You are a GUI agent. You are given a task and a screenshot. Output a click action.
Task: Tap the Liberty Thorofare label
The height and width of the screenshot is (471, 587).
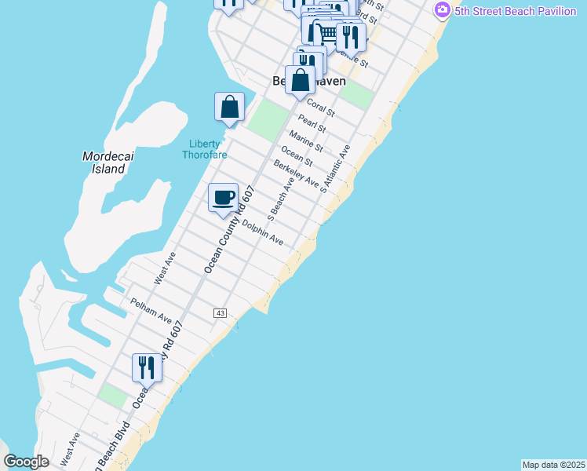tap(205, 149)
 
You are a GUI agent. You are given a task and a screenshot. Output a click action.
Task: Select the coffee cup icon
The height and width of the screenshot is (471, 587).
tap(223, 197)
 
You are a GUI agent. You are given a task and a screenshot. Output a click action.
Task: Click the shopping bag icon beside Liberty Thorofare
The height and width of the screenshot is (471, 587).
tap(229, 107)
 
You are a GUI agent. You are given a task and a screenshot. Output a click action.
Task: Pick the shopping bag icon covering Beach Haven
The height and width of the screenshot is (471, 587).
tap(300, 79)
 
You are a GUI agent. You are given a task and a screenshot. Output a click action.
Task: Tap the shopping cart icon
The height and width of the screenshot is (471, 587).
tap(323, 32)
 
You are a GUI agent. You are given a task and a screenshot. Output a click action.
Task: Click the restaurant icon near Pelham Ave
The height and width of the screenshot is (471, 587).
tap(147, 366)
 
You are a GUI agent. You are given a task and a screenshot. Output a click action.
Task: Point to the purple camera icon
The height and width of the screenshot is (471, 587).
tap(442, 9)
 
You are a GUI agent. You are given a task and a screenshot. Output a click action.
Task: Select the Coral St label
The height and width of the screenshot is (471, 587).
tap(320, 107)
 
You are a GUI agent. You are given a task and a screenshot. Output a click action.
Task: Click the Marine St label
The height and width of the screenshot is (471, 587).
tap(305, 141)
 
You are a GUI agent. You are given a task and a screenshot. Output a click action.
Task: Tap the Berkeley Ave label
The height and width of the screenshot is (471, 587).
tap(296, 173)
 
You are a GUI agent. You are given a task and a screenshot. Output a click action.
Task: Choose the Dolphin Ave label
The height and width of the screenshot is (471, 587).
tap(262, 233)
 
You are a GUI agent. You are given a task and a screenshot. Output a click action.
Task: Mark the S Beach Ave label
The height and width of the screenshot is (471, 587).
tap(282, 195)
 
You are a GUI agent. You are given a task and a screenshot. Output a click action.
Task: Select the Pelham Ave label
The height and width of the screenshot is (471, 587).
tap(151, 310)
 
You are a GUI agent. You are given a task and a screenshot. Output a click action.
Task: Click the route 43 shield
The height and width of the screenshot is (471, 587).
tap(220, 313)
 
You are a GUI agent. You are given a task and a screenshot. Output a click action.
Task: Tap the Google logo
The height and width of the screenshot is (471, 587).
tap(26, 462)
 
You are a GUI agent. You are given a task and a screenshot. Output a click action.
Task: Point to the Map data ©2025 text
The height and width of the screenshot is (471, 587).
tap(554, 465)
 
